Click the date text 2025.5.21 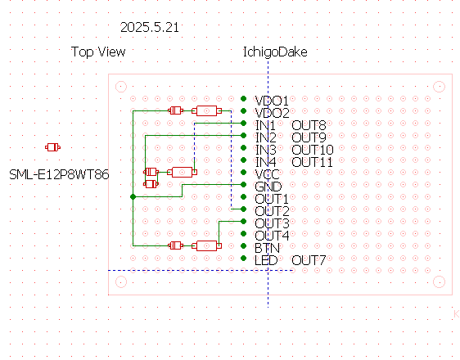(x=150, y=28)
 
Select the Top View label (x=98, y=52)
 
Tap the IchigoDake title (x=275, y=52)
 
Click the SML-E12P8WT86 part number (x=59, y=175)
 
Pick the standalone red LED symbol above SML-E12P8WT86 (x=53, y=147)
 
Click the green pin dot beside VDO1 (x=243, y=98)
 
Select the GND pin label (x=268, y=187)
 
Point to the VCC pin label (x=267, y=174)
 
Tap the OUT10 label (x=313, y=150)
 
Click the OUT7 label (x=309, y=260)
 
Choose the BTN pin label (x=267, y=248)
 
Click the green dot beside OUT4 (x=243, y=234)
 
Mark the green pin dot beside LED (x=243, y=259)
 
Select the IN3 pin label (x=266, y=150)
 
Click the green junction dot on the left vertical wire (x=133, y=196)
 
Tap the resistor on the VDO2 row (x=206, y=110)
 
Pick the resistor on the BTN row (x=206, y=245)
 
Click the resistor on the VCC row (x=182, y=172)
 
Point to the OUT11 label (x=312, y=162)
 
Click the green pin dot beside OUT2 (x=243, y=209)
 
